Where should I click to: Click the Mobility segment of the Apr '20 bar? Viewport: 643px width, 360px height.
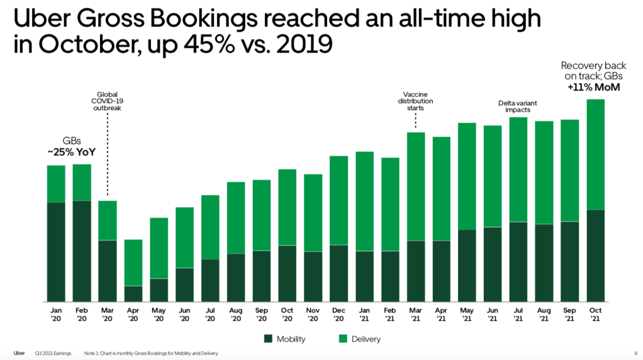pos(133,293)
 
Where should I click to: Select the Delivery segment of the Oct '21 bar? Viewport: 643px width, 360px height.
pos(595,154)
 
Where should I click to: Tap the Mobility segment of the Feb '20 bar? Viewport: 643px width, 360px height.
pos(82,250)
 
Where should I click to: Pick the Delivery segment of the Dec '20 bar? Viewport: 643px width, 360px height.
pos(338,200)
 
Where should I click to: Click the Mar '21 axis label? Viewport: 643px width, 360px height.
pos(415,314)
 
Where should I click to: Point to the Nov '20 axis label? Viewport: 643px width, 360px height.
pos(313,314)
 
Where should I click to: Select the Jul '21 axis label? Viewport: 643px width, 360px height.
pos(518,314)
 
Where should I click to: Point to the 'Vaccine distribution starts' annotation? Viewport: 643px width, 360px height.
pos(415,101)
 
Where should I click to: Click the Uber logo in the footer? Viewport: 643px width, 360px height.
pos(19,353)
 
